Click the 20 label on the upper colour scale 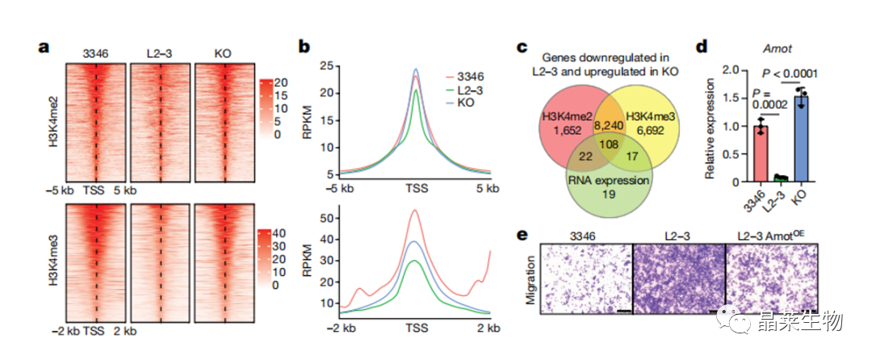pos(281,83)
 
